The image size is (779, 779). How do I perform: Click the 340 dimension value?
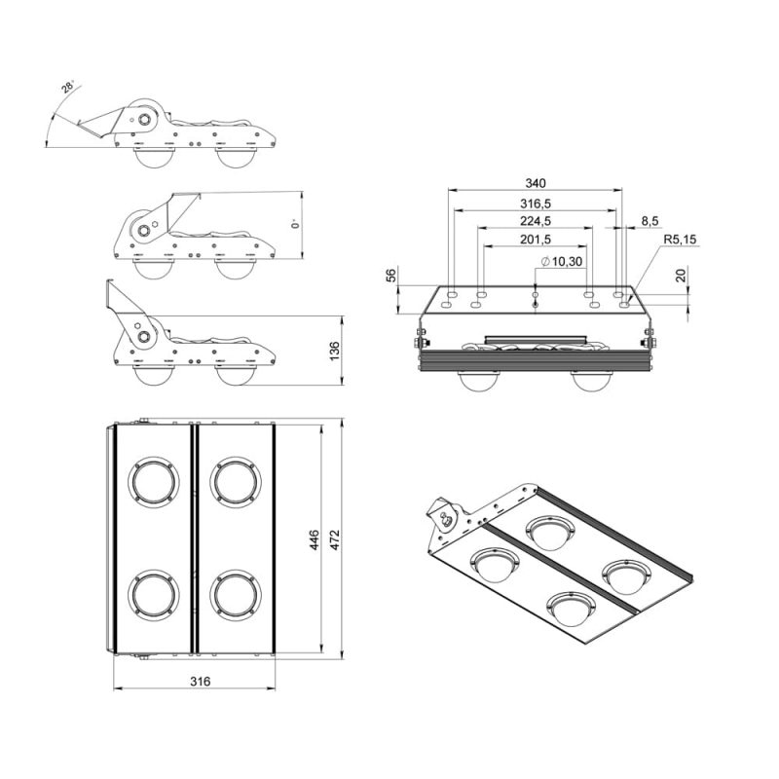coord(535,183)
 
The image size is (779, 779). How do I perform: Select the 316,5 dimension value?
coord(535,204)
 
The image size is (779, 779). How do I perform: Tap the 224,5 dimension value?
coord(535,221)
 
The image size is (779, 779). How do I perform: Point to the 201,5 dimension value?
coord(535,240)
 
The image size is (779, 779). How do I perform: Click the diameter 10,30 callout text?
coord(562,262)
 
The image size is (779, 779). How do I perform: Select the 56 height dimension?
coord(392,276)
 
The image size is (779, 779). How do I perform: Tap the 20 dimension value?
coord(681,276)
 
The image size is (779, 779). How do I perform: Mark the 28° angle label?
coord(67,88)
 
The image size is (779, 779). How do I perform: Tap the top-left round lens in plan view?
coord(154,481)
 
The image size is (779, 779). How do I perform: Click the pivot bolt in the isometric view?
coord(447,517)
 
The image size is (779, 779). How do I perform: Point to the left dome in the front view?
coord(479,381)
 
